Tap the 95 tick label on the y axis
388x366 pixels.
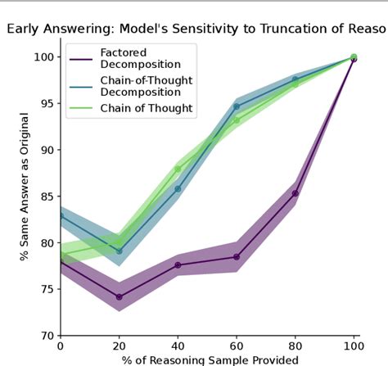pyautogui.click(x=46, y=104)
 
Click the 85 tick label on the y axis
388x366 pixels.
pyautogui.click(x=46, y=197)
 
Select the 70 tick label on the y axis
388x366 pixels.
pyautogui.click(x=46, y=336)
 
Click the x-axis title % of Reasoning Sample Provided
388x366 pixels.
pyautogui.click(x=206, y=359)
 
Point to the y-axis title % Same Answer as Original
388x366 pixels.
pyautogui.click(x=25, y=197)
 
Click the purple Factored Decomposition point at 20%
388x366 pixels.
pyautogui.click(x=119, y=297)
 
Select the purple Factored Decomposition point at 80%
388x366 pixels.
pyautogui.click(x=295, y=193)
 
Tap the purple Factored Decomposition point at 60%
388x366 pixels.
pyautogui.click(x=237, y=257)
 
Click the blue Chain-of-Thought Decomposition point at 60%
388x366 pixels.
pyautogui.click(x=237, y=106)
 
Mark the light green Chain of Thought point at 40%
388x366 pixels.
pyautogui.click(x=178, y=169)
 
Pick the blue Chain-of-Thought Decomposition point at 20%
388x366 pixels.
pyautogui.click(x=119, y=251)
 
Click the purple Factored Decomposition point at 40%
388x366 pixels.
pyautogui.click(x=178, y=265)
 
